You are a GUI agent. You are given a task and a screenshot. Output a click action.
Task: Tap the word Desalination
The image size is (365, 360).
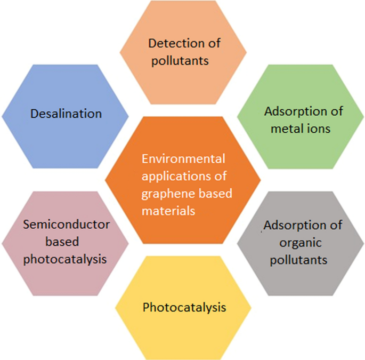pyautogui.click(x=66, y=114)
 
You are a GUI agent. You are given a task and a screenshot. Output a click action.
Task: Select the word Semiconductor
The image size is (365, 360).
pyautogui.click(x=67, y=225)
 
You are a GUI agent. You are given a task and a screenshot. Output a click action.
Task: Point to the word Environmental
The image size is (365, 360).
pyautogui.click(x=184, y=158)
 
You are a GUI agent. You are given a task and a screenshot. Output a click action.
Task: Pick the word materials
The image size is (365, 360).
pyautogui.click(x=168, y=211)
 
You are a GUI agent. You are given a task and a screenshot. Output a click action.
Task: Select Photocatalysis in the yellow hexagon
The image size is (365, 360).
pyautogui.click(x=184, y=307)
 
